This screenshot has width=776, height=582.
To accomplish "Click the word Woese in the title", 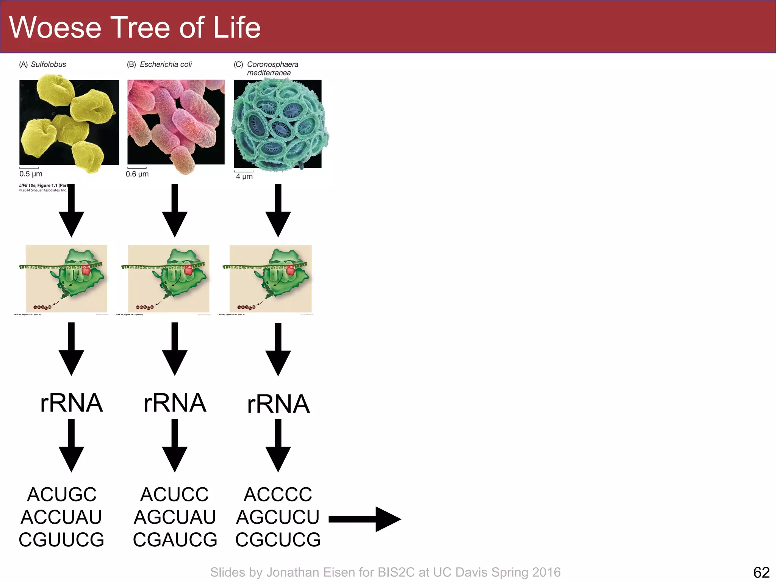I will (x=55, y=28).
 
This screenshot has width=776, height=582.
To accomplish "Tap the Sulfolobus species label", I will (x=48, y=64).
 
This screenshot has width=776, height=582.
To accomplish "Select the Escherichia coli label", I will (x=166, y=64).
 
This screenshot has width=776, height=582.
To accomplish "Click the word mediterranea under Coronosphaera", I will (x=269, y=73).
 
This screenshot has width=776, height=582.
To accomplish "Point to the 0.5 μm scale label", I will (x=31, y=174).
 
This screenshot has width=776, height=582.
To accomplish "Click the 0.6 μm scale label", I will (x=137, y=174).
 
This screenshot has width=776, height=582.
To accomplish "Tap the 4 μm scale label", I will (x=244, y=177).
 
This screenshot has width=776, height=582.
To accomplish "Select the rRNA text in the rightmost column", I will (x=278, y=404).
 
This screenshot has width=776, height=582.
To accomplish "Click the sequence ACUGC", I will (x=62, y=494).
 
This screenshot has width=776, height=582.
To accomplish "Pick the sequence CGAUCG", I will (x=175, y=540).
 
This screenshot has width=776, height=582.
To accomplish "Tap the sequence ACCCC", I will (x=278, y=494).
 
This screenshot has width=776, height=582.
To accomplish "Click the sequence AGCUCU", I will (x=278, y=517).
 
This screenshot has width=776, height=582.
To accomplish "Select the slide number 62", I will (x=761, y=572).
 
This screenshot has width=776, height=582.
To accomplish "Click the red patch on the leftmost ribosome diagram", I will (x=86, y=270).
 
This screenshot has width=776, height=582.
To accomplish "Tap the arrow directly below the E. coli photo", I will (x=175, y=210).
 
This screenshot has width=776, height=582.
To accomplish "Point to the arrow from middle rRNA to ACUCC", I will (x=175, y=445).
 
